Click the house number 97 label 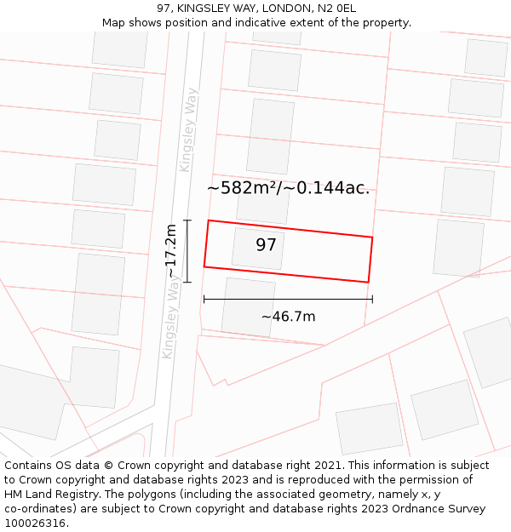click(x=267, y=245)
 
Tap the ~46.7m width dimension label click(x=288, y=317)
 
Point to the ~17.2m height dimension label click(x=171, y=250)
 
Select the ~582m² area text click(x=244, y=188)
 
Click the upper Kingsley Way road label click(x=188, y=129)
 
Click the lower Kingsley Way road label click(x=171, y=318)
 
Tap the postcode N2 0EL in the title click(x=336, y=9)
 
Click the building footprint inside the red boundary click(x=257, y=248)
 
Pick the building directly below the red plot click(x=248, y=306)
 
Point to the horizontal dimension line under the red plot click(x=288, y=299)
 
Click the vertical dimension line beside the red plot click(x=187, y=251)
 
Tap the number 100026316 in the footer click(x=35, y=523)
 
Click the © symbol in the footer click(x=108, y=466)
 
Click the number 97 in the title click(x=164, y=9)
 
